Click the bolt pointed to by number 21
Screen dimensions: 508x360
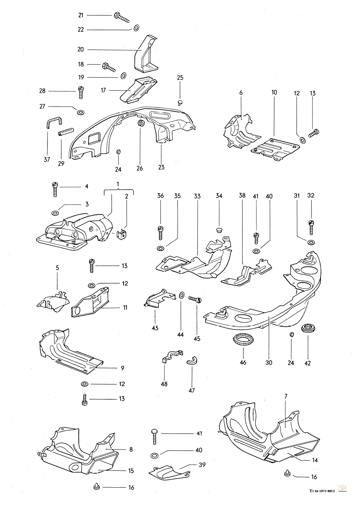(x=121, y=16)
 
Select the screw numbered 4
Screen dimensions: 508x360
(x=55, y=189)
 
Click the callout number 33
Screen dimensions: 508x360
(x=197, y=196)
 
